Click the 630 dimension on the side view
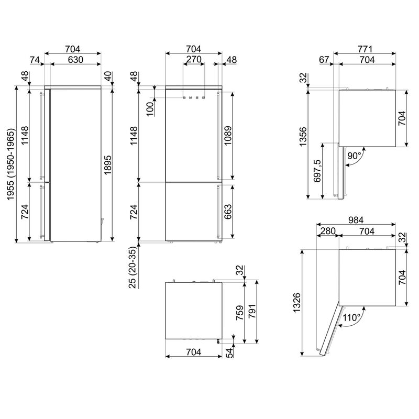point(75,60)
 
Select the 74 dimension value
point(35,60)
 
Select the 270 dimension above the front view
point(194,59)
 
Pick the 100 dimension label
point(150,108)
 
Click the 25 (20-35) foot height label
point(134,268)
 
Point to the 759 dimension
point(239,313)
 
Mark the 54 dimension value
point(229,354)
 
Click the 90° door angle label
point(354,156)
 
